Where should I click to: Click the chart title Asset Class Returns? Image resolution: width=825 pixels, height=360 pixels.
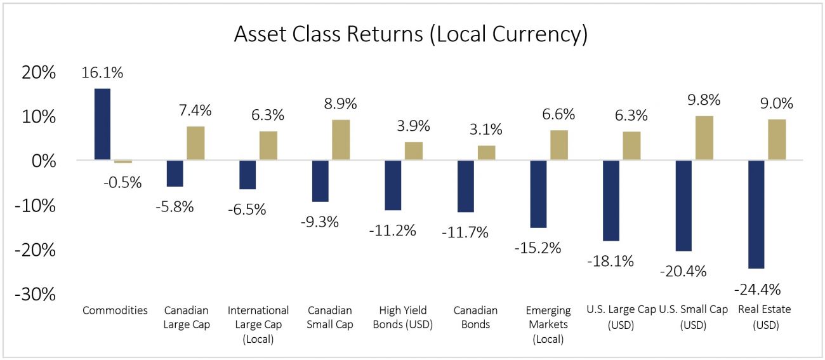pyautogui.click(x=411, y=34)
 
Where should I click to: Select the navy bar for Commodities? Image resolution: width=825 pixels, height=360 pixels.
pyautogui.click(x=102, y=124)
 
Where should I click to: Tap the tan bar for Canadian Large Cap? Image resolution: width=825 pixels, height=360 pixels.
pyautogui.click(x=195, y=143)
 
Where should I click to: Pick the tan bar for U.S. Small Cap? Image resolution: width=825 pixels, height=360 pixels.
pyautogui.click(x=704, y=138)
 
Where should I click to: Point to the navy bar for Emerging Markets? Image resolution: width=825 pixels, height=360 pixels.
pyautogui.click(x=538, y=194)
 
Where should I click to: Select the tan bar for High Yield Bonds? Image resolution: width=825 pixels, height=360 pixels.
pyautogui.click(x=414, y=152)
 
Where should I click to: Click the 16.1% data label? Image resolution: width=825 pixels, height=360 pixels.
pyautogui.click(x=102, y=72)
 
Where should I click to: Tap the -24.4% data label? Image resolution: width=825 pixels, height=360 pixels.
pyautogui.click(x=757, y=290)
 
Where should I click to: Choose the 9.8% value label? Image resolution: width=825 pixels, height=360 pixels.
pyautogui.click(x=704, y=100)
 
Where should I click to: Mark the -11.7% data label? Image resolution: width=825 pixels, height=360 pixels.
pyautogui.click(x=465, y=232)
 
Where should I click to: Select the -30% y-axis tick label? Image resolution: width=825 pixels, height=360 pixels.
pyautogui.click(x=35, y=295)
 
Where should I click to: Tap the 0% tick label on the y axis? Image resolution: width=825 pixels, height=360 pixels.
pyautogui.click(x=44, y=161)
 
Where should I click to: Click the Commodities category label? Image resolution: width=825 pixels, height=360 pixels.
pyautogui.click(x=115, y=310)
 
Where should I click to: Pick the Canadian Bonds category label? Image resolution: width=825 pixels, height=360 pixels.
pyautogui.click(x=475, y=317)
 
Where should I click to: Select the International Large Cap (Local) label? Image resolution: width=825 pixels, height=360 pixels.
pyautogui.click(x=258, y=324)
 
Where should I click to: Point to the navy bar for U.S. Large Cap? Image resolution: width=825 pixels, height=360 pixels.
pyautogui.click(x=611, y=201)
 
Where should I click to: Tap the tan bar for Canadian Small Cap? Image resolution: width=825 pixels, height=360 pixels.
pyautogui.click(x=341, y=140)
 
